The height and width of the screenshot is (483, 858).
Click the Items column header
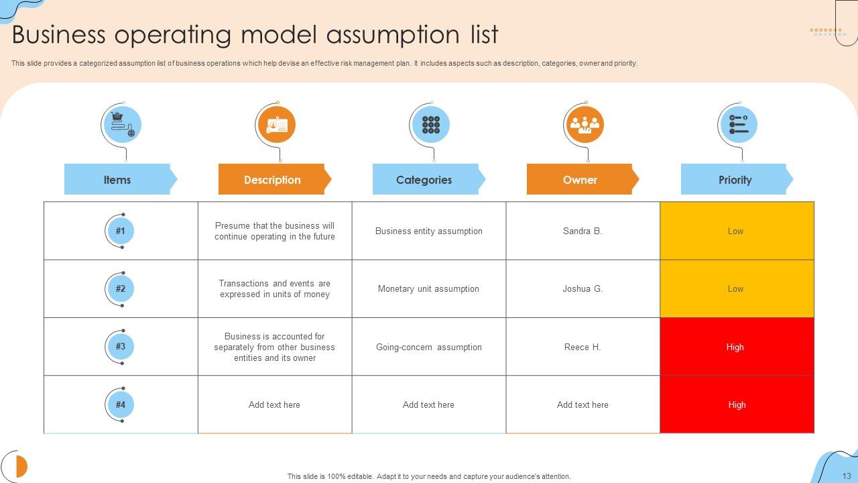(x=117, y=180)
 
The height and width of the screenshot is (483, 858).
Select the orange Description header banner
(x=272, y=180)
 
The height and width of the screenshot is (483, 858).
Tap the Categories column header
(x=424, y=180)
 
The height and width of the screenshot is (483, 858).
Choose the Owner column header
(x=580, y=180)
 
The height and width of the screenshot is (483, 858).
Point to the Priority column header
(x=735, y=180)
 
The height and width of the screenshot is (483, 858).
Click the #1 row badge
(x=121, y=231)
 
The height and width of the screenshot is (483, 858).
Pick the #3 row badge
(x=121, y=347)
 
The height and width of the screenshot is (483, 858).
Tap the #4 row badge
(x=121, y=405)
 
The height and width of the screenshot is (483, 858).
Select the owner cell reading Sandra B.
(x=583, y=231)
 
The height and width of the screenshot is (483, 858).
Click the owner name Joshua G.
(x=583, y=289)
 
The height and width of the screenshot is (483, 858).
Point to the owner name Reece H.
(x=583, y=347)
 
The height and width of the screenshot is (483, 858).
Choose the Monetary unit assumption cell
(x=428, y=289)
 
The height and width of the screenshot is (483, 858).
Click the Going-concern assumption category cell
(x=428, y=347)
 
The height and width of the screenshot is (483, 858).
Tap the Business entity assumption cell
(x=428, y=231)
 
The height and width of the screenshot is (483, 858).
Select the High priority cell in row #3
(x=735, y=347)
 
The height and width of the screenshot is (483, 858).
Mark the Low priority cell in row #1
(x=735, y=231)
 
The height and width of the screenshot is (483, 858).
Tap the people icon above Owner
(x=585, y=125)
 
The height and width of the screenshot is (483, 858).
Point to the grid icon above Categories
(x=430, y=125)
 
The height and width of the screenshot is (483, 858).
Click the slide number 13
(x=847, y=476)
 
